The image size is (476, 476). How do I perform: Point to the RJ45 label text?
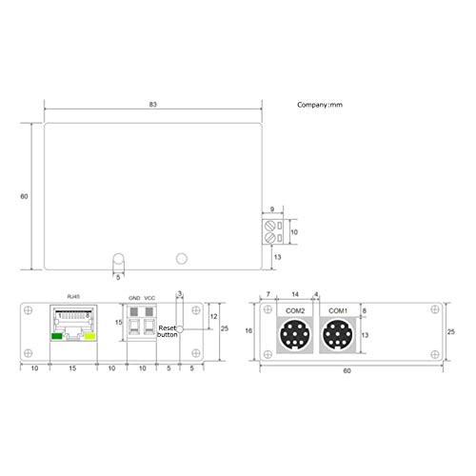tap(72, 297)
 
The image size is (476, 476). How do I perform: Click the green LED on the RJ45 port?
tap(57, 335)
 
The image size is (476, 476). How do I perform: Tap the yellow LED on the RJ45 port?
tap(90, 335)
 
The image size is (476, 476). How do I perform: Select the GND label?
tap(134, 297)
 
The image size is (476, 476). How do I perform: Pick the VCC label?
tap(149, 297)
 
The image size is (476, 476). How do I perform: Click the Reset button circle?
tap(181, 327)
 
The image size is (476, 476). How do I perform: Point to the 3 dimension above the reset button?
tap(179, 293)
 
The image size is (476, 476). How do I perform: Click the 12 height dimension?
tap(214, 315)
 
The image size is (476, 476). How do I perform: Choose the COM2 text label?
tap(293, 311)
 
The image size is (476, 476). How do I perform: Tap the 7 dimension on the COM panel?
tap(268, 294)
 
